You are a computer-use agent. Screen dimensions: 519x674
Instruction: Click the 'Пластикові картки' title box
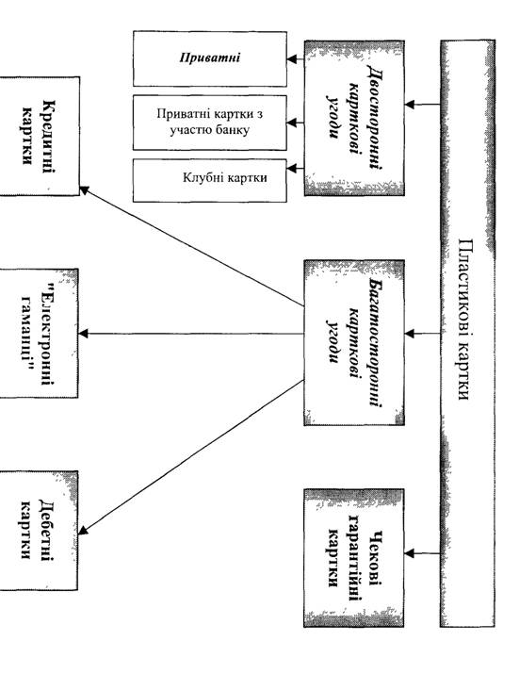[467, 333]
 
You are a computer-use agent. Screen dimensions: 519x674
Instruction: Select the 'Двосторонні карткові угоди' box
[354, 118]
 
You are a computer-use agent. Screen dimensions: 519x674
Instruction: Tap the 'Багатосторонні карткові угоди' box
[354, 342]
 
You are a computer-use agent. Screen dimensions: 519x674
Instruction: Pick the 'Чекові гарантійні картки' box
[354, 558]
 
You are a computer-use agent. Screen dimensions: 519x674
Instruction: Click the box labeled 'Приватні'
[210, 58]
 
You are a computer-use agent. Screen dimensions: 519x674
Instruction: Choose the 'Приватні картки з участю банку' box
[210, 123]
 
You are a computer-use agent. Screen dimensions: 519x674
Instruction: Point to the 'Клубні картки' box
[210, 180]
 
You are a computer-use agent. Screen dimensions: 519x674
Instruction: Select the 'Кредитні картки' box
[40, 137]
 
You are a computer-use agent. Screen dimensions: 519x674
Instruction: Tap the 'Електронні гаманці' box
[39, 333]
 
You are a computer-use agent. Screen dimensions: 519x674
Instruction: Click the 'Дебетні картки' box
[39, 531]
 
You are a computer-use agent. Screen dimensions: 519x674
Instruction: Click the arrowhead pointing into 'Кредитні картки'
[85, 190]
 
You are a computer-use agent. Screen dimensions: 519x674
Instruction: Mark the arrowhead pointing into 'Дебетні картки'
[83, 530]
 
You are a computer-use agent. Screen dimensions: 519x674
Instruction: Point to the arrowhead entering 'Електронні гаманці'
[83, 333]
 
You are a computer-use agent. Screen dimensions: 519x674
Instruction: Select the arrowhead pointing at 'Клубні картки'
[292, 168]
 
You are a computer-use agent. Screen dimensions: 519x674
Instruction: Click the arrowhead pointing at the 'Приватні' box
[292, 58]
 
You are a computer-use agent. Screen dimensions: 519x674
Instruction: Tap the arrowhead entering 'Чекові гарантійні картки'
[410, 553]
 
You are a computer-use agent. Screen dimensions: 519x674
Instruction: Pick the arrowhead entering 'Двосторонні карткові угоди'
[410, 104]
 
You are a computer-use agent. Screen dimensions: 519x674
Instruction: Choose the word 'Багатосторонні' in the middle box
[376, 342]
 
